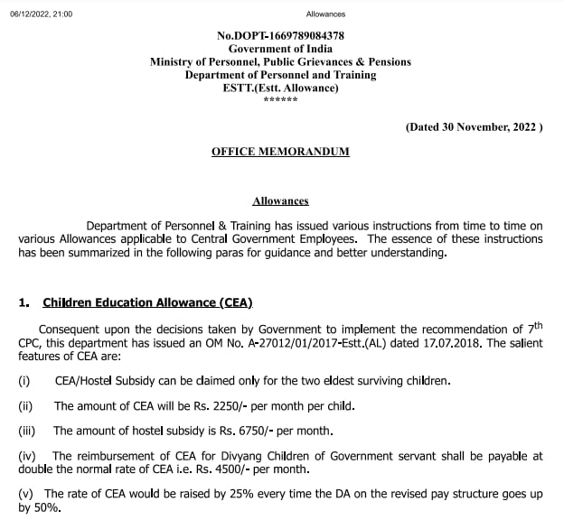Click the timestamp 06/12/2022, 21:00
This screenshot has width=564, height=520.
(40, 14)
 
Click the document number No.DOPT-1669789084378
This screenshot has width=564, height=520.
(280, 35)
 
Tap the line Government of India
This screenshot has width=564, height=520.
(280, 49)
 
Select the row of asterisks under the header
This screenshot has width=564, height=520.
(280, 99)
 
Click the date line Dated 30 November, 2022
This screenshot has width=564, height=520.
(474, 127)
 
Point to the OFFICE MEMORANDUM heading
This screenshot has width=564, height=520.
(280, 152)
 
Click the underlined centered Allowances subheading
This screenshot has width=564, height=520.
(280, 200)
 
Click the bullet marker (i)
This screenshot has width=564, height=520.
(24, 382)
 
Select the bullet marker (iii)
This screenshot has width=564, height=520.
(27, 430)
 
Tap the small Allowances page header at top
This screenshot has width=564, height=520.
(326, 14)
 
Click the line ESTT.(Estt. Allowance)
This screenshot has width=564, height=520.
(280, 88)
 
